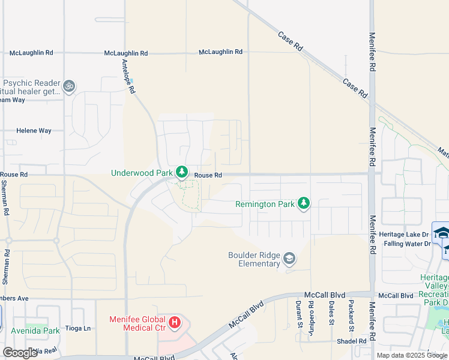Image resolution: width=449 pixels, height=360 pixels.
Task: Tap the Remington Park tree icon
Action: click(304, 204)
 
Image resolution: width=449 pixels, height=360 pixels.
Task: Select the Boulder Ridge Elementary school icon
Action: click(289, 259)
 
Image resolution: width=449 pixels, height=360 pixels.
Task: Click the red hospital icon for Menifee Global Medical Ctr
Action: click(175, 323)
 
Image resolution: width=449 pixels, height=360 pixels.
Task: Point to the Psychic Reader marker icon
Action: click(69, 86)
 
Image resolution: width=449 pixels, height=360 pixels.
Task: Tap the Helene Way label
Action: click(34, 130)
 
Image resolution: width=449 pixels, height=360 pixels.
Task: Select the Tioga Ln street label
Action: click(79, 328)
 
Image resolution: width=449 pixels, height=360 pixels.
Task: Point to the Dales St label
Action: click(331, 313)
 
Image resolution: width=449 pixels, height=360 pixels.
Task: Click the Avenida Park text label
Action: click(35, 331)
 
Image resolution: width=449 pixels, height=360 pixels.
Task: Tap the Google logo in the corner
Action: click(20, 353)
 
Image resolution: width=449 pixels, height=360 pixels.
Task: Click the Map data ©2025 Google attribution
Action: click(411, 355)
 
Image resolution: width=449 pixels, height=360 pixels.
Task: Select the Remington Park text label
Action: click(265, 204)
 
